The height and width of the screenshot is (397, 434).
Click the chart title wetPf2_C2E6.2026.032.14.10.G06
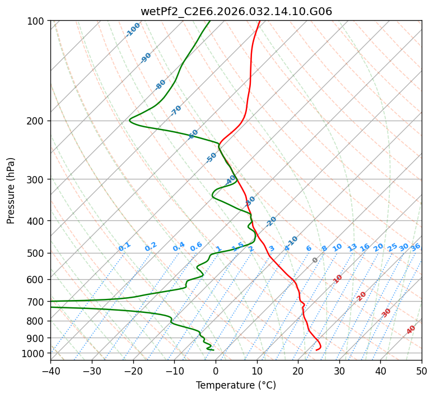(x=236, y=11)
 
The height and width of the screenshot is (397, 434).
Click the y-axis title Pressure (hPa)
(x=11, y=190)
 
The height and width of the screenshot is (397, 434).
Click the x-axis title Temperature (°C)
(x=236, y=385)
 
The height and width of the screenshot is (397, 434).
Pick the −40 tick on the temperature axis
(x=50, y=371)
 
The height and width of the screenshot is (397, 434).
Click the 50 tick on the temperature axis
(x=422, y=371)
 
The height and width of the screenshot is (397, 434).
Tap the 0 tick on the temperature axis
(x=216, y=371)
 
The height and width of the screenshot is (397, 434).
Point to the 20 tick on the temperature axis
(x=298, y=371)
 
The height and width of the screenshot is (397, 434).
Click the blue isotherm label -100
(x=133, y=30)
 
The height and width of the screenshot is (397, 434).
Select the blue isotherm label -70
(x=176, y=110)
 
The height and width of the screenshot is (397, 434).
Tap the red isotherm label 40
(x=411, y=330)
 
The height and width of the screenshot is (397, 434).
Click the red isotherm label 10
(x=338, y=279)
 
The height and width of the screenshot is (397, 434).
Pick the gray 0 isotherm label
(x=315, y=260)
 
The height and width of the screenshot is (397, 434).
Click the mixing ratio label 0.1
(x=124, y=246)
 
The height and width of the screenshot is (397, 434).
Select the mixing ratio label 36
(x=416, y=247)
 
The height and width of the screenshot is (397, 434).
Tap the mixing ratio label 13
(x=352, y=247)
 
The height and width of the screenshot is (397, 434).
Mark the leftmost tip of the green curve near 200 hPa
(x=129, y=119)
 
